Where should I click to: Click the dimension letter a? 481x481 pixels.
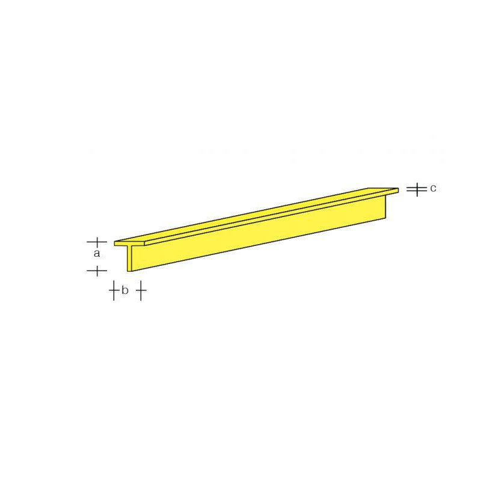coord(97,255)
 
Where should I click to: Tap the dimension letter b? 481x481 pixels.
coord(125,291)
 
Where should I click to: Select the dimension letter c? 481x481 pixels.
coord(433,188)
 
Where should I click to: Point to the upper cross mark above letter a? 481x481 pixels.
coord(97,242)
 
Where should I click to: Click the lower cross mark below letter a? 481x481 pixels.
coord(97,271)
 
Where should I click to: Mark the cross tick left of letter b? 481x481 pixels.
coord(113,292)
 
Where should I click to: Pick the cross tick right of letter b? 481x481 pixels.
coord(140,292)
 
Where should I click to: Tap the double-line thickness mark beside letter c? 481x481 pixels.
coord(415,189)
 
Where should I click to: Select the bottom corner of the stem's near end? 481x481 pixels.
coord(128,271)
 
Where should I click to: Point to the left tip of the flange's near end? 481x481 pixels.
coord(115,244)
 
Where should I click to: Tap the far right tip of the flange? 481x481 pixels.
coord(398,189)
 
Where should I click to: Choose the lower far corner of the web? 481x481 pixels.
coord(385,220)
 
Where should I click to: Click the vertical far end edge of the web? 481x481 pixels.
coord(385,208)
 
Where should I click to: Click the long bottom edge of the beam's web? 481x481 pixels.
coord(259,245)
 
